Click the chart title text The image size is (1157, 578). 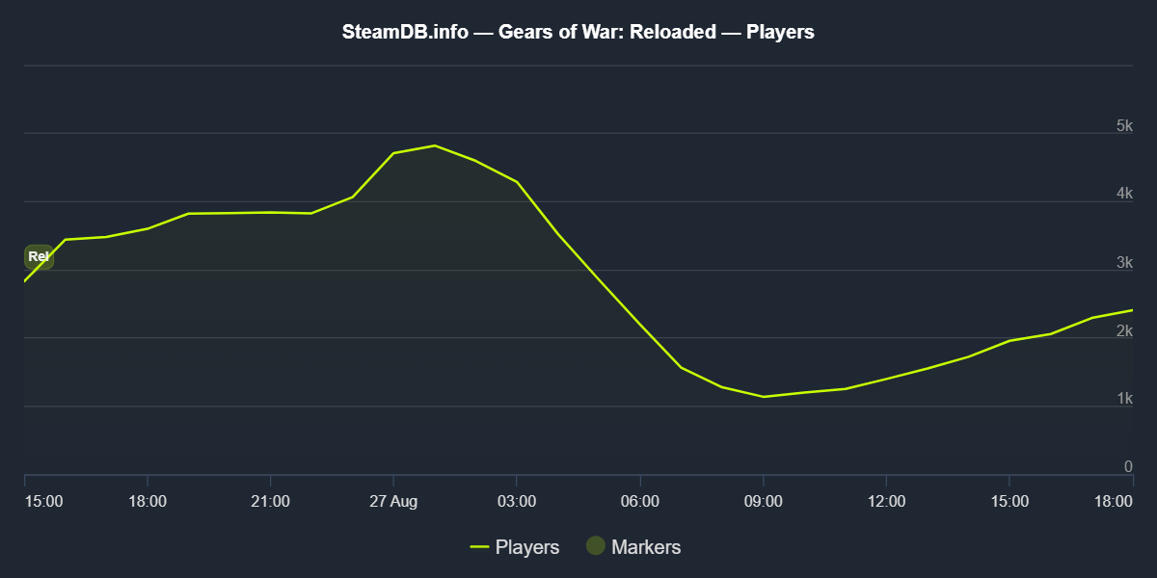578,32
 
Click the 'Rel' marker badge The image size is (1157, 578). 39,256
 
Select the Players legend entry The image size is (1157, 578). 515,547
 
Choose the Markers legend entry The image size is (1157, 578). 634,547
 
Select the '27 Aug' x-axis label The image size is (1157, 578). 392,501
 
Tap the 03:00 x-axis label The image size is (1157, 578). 517,501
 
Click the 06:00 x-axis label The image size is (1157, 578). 640,501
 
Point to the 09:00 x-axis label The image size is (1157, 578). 763,501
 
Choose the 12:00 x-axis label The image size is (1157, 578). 886,501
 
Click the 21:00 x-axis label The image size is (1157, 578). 270,501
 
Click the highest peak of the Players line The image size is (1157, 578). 435,145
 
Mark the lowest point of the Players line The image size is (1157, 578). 763,397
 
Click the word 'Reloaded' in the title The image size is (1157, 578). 673,32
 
